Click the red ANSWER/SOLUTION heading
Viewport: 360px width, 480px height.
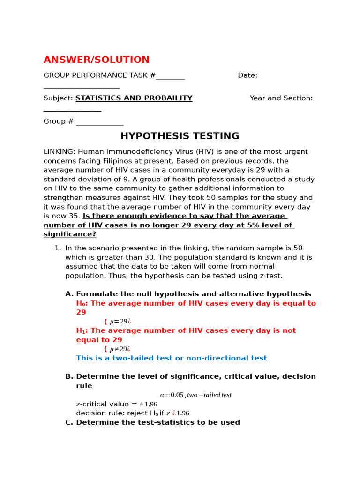tap(96, 60)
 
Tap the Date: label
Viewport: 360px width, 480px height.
tap(247, 75)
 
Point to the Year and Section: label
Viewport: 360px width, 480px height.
tap(281, 98)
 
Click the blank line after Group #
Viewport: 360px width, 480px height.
tap(99, 121)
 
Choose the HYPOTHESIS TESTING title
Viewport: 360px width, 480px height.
tap(180, 136)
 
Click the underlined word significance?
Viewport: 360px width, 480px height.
tap(70, 234)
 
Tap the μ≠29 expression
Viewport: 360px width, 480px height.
tap(119, 349)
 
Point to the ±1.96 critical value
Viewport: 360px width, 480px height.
tap(148, 404)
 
